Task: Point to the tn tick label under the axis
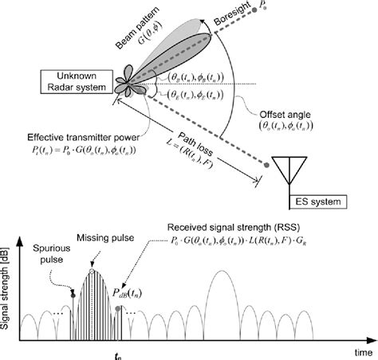pos(93,353)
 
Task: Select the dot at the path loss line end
pos(264,165)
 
